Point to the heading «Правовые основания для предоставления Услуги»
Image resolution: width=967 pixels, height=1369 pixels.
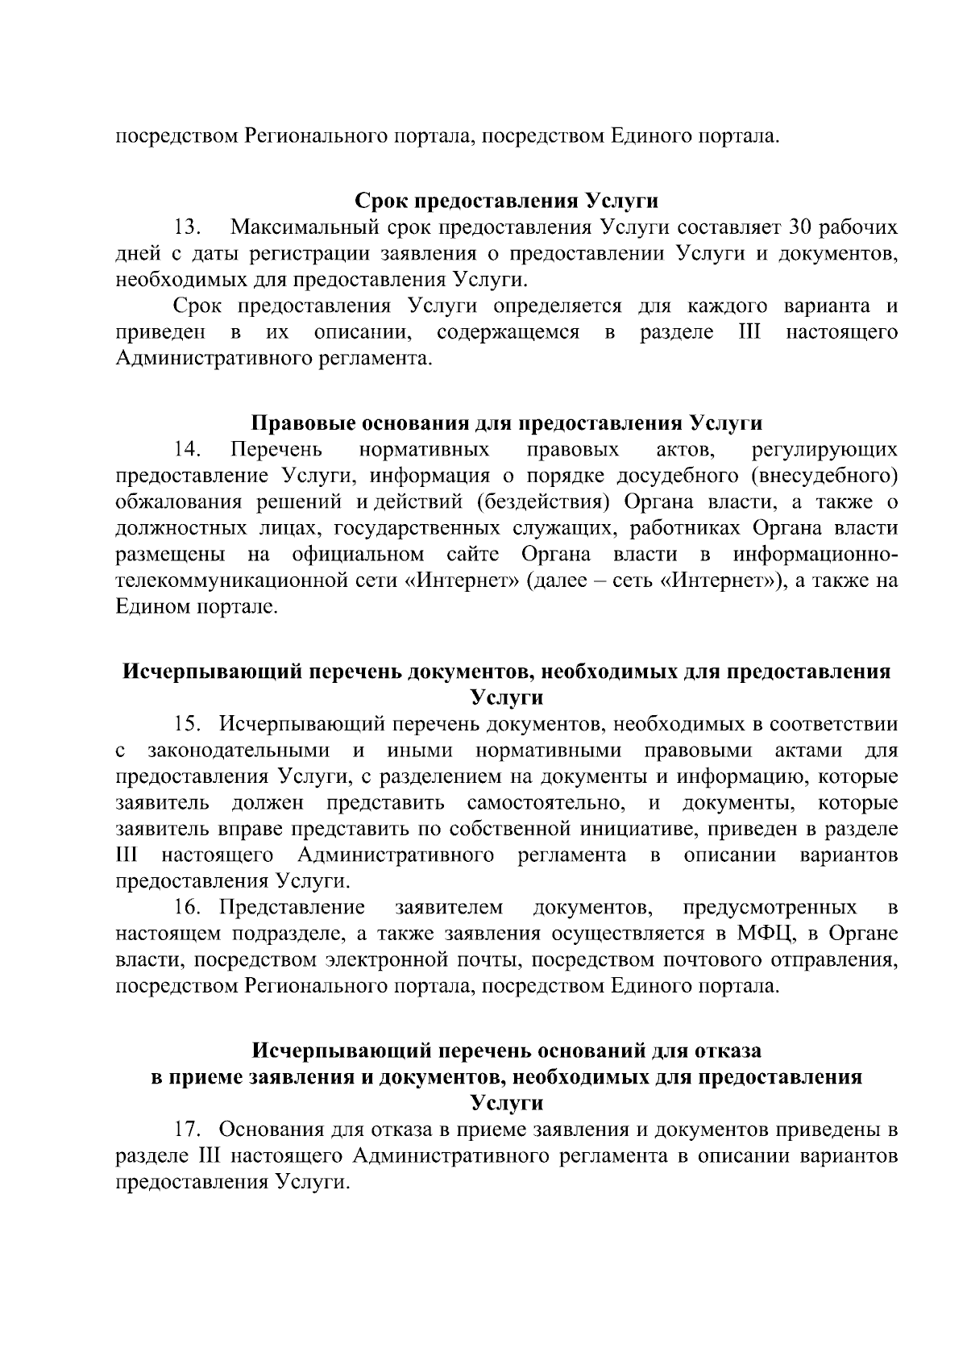[x=507, y=423]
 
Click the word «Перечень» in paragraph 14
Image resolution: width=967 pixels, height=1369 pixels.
[x=276, y=449]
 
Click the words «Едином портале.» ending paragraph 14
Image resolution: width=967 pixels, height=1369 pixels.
[x=197, y=606]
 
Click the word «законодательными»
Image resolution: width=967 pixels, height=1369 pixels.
[x=239, y=751]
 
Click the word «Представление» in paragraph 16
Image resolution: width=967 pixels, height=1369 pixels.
[x=293, y=908]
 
